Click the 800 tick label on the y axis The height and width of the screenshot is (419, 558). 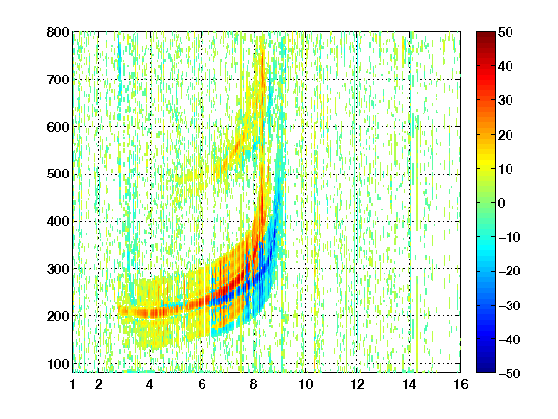[58, 32]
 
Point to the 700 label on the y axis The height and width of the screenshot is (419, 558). [58, 80]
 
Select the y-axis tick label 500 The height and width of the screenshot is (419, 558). [58, 175]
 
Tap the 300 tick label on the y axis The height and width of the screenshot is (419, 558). [58, 269]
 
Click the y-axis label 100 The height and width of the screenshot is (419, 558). [58, 364]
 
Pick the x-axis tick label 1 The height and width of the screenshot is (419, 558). [73, 384]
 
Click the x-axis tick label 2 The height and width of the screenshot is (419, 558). [98, 384]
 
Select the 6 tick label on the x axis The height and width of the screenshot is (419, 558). [201, 384]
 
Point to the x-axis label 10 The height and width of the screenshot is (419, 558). [305, 384]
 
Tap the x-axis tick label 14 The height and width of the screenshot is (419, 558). [409, 384]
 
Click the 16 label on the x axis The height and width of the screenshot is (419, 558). [461, 384]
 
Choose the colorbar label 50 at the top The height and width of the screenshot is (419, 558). [506, 32]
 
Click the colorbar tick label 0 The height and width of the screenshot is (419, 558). [502, 203]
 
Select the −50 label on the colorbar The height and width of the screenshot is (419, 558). [510, 373]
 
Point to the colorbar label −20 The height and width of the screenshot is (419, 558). [510, 272]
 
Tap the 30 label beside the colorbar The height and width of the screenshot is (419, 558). [506, 101]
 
